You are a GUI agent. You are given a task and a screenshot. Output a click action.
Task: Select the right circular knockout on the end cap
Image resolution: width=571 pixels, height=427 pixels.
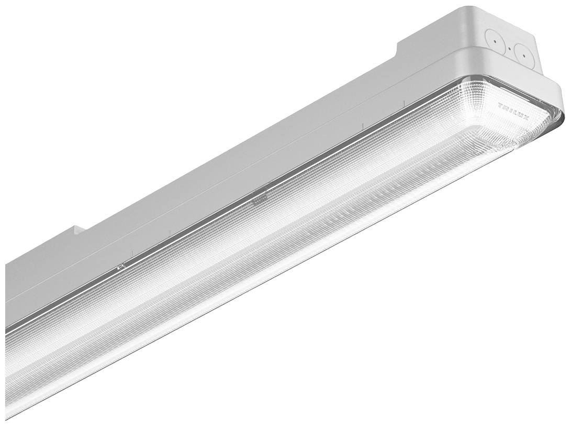[x=521, y=52]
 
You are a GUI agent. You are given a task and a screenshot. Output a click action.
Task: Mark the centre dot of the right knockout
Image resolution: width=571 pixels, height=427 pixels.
[x=521, y=52]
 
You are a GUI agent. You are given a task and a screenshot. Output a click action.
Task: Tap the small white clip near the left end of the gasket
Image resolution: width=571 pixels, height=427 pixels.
[x=121, y=267]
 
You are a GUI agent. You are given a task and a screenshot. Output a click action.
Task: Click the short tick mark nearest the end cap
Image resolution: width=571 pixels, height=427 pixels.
[x=404, y=101]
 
